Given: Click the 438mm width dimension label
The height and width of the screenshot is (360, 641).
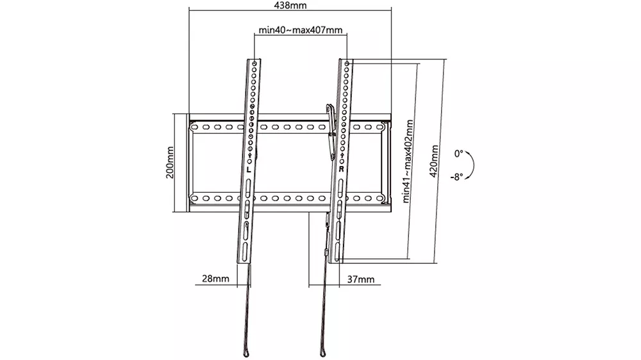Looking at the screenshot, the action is click(x=290, y=5).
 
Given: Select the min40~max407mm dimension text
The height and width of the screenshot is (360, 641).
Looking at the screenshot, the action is click(x=301, y=30).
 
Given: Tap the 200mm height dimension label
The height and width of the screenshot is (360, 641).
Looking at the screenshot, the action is click(x=170, y=163).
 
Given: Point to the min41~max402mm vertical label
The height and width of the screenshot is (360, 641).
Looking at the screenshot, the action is click(x=408, y=161).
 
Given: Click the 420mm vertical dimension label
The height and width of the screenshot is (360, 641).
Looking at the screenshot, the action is click(x=434, y=161).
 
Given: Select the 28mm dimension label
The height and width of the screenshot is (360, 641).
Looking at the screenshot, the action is click(x=215, y=279).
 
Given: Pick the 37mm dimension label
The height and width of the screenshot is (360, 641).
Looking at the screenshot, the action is click(x=360, y=279).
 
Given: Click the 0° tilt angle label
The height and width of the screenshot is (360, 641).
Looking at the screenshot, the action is click(x=459, y=154).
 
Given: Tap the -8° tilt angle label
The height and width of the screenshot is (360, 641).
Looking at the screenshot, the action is click(x=456, y=177).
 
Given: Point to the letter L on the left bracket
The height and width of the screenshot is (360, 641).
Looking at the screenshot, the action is click(x=249, y=169).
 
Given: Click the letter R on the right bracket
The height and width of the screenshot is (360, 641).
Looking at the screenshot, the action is click(x=342, y=168).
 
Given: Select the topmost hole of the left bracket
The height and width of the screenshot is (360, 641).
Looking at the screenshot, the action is click(x=254, y=64).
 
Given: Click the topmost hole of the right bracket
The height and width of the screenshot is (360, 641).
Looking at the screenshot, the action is click(x=347, y=64).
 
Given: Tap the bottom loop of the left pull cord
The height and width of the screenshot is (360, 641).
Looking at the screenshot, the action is click(x=246, y=353).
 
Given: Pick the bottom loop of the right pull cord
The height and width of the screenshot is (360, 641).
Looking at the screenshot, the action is click(x=323, y=353).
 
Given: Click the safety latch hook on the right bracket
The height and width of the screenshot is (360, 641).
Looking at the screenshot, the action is click(x=331, y=131).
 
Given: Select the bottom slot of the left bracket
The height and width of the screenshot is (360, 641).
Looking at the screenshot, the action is click(x=244, y=252).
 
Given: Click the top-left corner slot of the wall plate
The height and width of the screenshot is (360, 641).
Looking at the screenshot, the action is click(x=195, y=127).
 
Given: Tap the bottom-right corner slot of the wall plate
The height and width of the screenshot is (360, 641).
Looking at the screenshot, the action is click(x=379, y=199).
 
